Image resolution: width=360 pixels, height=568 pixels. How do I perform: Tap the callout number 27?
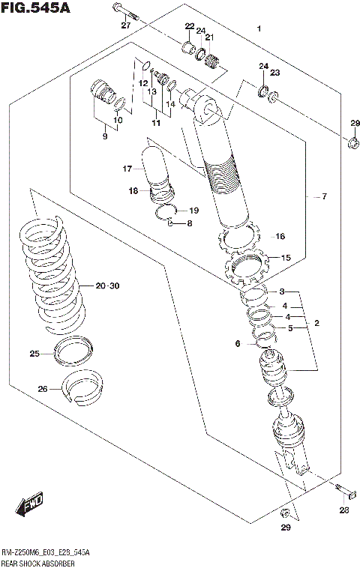point(126,25)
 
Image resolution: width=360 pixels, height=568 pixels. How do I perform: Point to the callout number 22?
point(189,27)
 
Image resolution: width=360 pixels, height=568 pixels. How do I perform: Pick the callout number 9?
point(105,136)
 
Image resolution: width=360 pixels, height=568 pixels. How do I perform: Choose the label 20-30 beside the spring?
point(107,285)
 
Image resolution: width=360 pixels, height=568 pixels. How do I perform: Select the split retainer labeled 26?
point(83,383)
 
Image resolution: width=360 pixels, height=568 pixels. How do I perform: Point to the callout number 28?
point(343,510)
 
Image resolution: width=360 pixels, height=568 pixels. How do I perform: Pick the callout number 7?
point(324,197)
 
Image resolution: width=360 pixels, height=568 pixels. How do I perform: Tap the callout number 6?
point(238,343)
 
